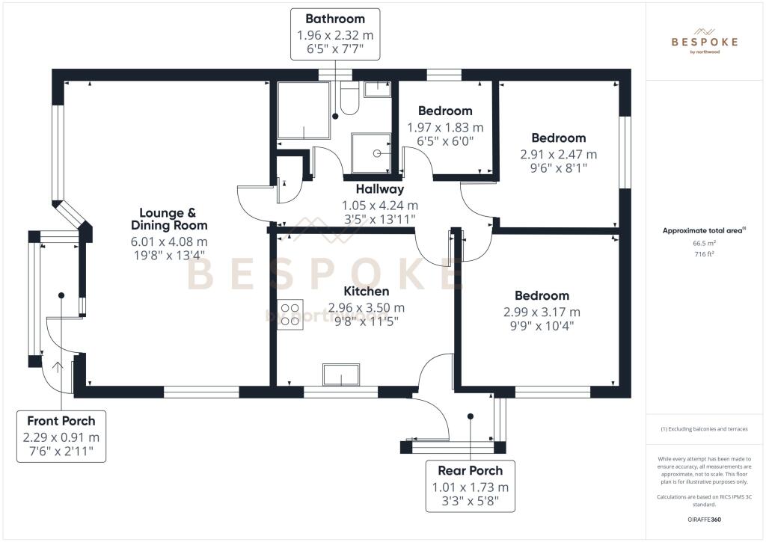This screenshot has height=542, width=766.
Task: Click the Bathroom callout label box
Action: click(334, 34)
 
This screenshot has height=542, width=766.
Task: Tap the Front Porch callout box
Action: click(61, 437)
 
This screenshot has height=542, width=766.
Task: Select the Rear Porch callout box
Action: click(470, 486)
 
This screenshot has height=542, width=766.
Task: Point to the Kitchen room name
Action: click(366, 291)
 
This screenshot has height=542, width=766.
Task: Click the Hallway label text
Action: click(379, 190)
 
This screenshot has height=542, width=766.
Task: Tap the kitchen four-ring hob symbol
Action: click(290, 313)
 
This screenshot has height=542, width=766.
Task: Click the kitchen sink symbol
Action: click(340, 374)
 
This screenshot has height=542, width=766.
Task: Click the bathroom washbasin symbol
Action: click(377, 89)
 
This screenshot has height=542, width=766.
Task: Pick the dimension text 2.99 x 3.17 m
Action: click(542, 312)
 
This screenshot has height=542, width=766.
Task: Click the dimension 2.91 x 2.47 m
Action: click(558, 155)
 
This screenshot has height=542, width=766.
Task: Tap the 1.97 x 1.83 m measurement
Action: click(444, 127)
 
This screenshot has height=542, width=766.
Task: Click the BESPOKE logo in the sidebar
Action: click(704, 43)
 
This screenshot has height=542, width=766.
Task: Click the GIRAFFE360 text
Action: click(704, 519)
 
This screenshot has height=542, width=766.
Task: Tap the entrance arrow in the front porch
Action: click(58, 366)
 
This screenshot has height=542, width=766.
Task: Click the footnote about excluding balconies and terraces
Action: click(704, 429)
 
